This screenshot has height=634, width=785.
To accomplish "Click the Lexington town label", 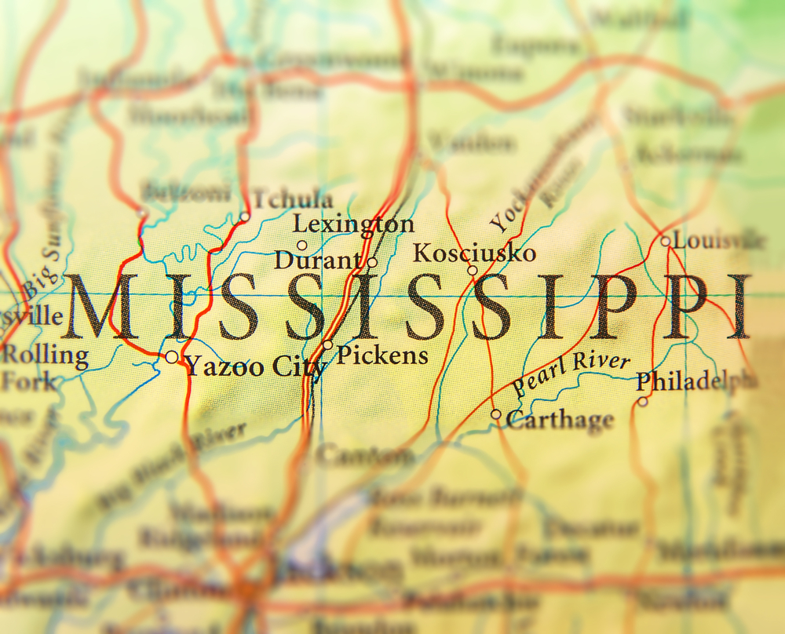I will (x=353, y=225).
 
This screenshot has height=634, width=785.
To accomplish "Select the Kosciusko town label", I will (x=474, y=253).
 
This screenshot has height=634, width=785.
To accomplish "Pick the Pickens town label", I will (x=382, y=355).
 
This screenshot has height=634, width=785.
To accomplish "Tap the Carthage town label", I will (x=560, y=420).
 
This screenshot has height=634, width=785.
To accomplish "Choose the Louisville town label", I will (x=718, y=240).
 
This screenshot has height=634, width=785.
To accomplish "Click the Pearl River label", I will (x=571, y=373).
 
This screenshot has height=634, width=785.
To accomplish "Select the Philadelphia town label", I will (x=696, y=382).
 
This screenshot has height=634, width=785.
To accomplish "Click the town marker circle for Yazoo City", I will (x=172, y=357).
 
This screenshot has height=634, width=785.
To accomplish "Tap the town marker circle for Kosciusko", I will (x=473, y=271).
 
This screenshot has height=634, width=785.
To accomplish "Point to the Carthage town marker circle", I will (x=496, y=414).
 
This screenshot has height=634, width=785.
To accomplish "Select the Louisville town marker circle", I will (x=665, y=241).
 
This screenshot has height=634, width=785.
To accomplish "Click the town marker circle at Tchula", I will (x=245, y=217).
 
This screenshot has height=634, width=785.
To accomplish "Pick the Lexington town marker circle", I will (x=301, y=246).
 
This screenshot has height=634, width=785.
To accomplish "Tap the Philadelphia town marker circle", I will (x=642, y=402).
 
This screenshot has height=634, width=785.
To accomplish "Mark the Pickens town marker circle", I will (x=327, y=344).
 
